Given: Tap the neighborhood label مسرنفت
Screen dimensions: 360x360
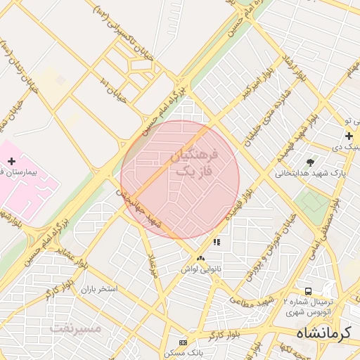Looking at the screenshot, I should [x=75, y=328].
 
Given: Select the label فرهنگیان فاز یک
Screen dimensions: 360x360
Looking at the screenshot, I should [x=193, y=162].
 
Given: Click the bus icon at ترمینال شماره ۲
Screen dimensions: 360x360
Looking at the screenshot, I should [x=308, y=291].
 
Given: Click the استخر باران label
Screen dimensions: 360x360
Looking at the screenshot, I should [x=98, y=289].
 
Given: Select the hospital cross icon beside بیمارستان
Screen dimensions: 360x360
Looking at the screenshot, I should [x=12, y=161].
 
